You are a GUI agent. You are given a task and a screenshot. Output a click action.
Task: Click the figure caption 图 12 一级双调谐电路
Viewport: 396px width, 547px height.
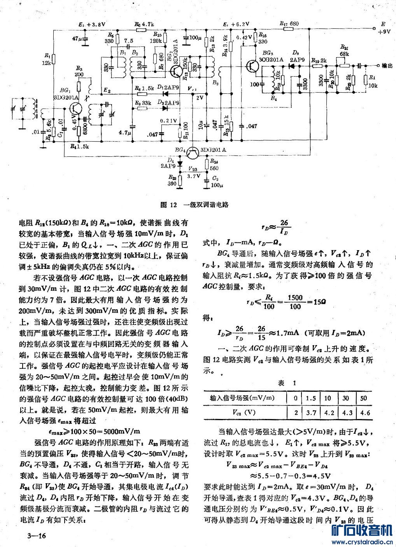point(194,205)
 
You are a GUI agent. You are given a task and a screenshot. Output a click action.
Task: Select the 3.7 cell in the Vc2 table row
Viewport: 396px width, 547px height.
point(311,412)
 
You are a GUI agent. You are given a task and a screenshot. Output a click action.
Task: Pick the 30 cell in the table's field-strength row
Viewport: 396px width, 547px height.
point(346,398)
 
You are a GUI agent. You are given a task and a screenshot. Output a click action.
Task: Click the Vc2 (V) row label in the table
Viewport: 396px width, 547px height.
point(244,412)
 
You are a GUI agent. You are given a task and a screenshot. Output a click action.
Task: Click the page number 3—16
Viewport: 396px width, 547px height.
point(37,536)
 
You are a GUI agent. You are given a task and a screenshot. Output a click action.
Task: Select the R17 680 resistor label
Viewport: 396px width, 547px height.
point(289,24)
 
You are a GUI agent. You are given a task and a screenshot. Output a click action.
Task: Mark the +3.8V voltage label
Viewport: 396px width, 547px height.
point(92,24)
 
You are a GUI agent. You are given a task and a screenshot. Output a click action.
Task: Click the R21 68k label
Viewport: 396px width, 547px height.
point(344,49)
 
